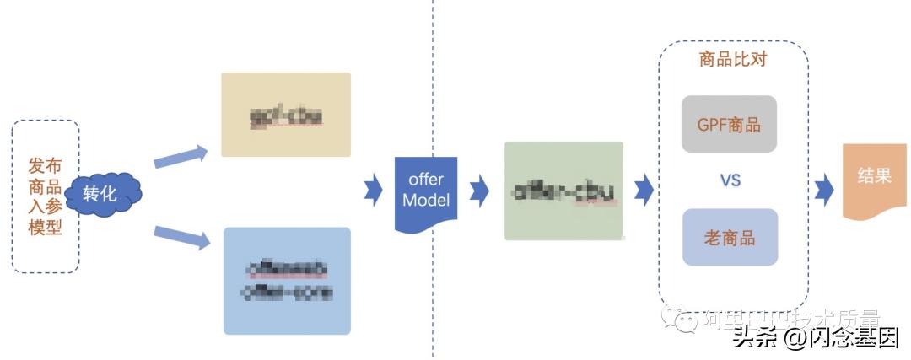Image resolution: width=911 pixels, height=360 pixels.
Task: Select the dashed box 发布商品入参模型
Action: click(x=46, y=196)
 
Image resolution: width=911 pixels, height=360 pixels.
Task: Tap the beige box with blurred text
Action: click(x=285, y=115)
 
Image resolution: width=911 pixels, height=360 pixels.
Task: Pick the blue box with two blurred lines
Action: click(x=286, y=281)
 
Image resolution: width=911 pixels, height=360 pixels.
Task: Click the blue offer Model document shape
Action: click(x=426, y=192)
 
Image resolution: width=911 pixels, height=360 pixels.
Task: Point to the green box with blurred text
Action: click(x=563, y=191)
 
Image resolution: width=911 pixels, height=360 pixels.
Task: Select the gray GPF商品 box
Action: click(x=729, y=125)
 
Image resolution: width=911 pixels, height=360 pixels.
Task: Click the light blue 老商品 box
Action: click(x=729, y=237)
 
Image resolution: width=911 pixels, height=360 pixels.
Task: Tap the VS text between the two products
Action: click(x=730, y=180)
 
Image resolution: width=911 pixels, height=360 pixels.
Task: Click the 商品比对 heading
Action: click(x=732, y=59)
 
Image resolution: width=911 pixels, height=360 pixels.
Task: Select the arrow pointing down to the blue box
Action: click(x=181, y=237)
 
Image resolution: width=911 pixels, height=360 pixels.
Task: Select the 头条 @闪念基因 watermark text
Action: click(x=815, y=337)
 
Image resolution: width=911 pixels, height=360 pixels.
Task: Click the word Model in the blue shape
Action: click(x=426, y=201)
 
